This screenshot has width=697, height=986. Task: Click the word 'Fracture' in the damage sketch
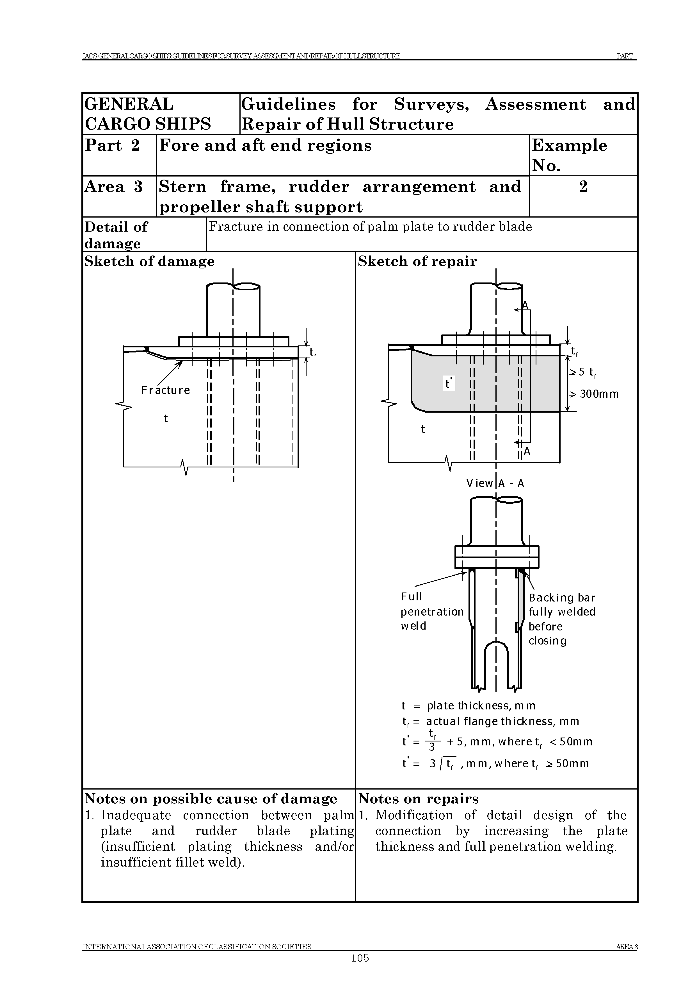click(x=165, y=390)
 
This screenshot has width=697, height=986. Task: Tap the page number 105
click(x=360, y=958)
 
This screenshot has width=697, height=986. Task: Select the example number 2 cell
click(x=583, y=187)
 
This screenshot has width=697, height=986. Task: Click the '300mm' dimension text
click(x=599, y=394)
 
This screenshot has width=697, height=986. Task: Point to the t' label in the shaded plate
click(x=449, y=383)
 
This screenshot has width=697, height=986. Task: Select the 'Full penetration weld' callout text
click(x=432, y=611)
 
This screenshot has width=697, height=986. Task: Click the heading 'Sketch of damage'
click(x=149, y=262)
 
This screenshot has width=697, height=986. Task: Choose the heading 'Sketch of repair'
click(x=417, y=262)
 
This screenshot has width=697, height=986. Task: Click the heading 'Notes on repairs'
click(x=418, y=799)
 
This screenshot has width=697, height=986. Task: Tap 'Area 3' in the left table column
click(x=114, y=187)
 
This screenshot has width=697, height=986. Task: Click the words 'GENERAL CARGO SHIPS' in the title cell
click(x=148, y=114)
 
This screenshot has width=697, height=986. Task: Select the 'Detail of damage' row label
click(x=116, y=235)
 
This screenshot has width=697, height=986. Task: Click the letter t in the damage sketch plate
click(x=166, y=419)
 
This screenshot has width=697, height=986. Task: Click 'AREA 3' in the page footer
click(x=627, y=946)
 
